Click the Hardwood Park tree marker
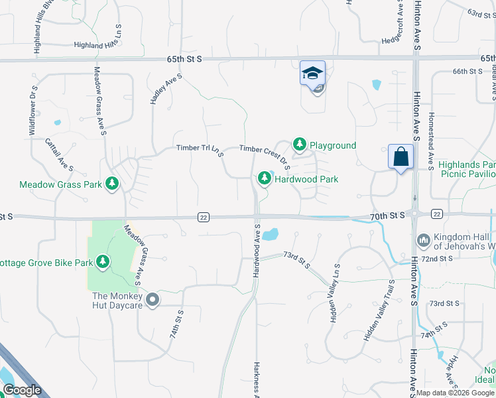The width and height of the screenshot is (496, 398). coord(265,178)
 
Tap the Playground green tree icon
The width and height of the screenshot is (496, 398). coord(300,144)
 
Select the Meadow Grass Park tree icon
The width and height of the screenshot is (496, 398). coord(112,183)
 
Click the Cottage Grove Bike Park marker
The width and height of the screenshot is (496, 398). coord(103,263)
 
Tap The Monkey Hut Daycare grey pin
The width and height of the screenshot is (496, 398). coord(153,300)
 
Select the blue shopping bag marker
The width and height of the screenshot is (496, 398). coord(401,157)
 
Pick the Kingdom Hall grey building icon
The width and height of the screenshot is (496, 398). coord(423,239)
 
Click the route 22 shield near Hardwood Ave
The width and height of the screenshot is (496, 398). coord(204,217)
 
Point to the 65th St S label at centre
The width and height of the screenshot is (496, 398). coord(184,59)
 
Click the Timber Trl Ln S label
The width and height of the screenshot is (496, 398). coord(200,149)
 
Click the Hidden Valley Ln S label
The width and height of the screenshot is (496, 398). coord(336,293)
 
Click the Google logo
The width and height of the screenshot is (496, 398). coord(21,390)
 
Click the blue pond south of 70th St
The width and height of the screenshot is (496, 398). coord(270,234)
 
